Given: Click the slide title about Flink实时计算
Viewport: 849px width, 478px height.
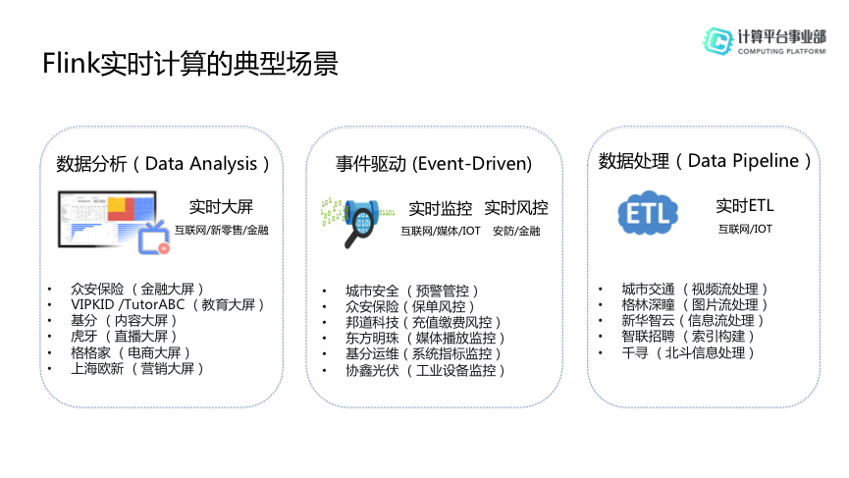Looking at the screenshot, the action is point(190,64).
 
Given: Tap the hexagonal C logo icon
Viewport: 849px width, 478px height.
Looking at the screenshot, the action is point(717,41).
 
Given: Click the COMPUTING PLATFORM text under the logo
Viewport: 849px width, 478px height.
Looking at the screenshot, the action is point(782,51).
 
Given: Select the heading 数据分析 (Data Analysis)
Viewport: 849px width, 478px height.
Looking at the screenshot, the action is point(162,164).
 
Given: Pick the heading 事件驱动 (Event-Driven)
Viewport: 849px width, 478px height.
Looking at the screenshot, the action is point(434,164).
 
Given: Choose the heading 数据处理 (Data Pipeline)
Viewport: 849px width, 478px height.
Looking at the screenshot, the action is point(705,161).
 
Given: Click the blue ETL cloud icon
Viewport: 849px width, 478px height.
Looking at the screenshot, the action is point(648,213).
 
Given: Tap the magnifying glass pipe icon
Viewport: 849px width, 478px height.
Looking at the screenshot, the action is point(358,223).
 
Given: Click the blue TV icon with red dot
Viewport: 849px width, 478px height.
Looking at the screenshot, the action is point(154,239).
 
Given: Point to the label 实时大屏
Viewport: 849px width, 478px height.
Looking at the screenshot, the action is point(221,207).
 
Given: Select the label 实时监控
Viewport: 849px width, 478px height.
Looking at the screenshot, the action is point(440,208).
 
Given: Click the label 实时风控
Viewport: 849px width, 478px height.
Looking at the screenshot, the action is point(516,208).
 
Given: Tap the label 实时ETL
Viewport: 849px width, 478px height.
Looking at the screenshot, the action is point(745,206).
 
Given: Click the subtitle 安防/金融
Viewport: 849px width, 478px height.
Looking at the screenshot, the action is point(516,232).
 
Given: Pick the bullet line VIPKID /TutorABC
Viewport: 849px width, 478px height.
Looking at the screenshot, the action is point(167,305).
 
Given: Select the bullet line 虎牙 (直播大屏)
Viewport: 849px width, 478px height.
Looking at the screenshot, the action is point(124,336).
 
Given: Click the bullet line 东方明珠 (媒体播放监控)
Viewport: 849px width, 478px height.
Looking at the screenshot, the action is point(426,339).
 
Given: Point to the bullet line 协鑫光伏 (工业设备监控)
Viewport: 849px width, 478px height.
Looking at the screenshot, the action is point(426,370).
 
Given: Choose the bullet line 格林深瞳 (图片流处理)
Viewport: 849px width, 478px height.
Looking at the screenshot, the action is point(695,305).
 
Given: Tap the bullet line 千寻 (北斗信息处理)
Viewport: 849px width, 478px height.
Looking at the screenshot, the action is point(688,353).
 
